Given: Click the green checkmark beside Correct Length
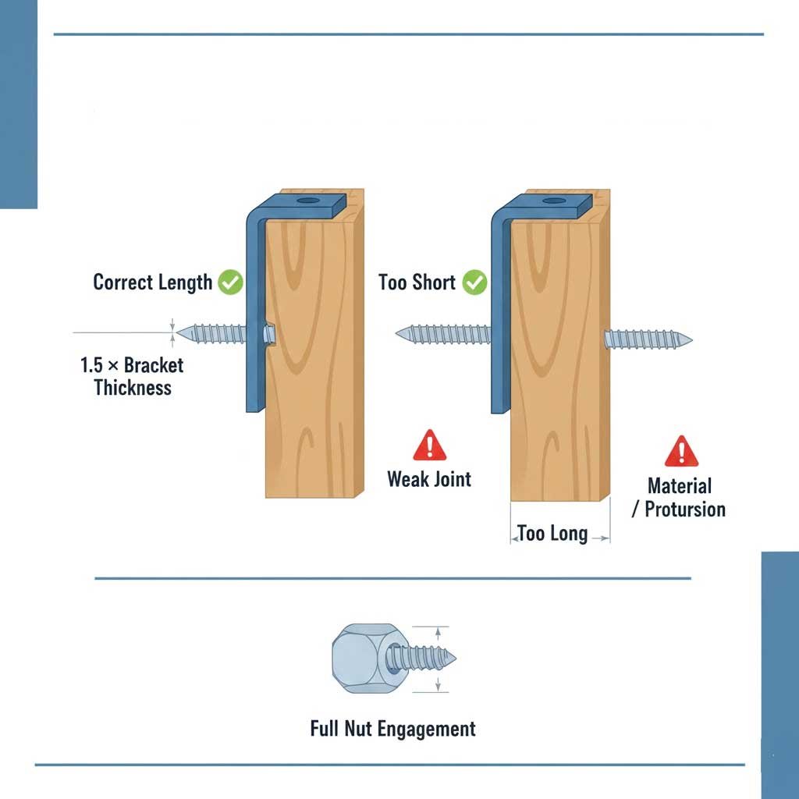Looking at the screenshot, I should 230,282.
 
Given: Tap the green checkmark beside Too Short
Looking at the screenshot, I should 474,282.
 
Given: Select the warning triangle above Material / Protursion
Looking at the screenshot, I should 681,451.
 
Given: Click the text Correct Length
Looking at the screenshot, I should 152,282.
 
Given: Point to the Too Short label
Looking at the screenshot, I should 417,282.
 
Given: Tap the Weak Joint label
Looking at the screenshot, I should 429,478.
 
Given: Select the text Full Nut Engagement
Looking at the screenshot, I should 392,729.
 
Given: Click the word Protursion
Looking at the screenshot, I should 685,510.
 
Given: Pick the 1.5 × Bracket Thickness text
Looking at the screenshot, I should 132,375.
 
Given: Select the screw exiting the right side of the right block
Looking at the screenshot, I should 648,339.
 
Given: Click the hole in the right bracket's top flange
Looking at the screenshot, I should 554,201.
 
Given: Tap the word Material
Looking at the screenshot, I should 680,486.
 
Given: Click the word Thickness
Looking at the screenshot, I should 132,387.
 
